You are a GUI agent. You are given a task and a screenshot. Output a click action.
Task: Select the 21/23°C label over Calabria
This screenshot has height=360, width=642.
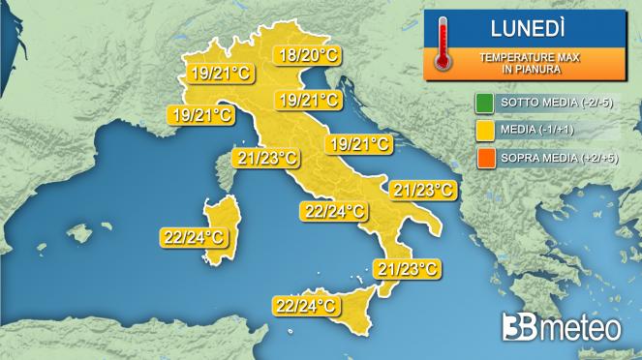tap(408, 268)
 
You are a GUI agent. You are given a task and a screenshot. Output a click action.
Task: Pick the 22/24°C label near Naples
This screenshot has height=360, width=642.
tap(334, 211)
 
